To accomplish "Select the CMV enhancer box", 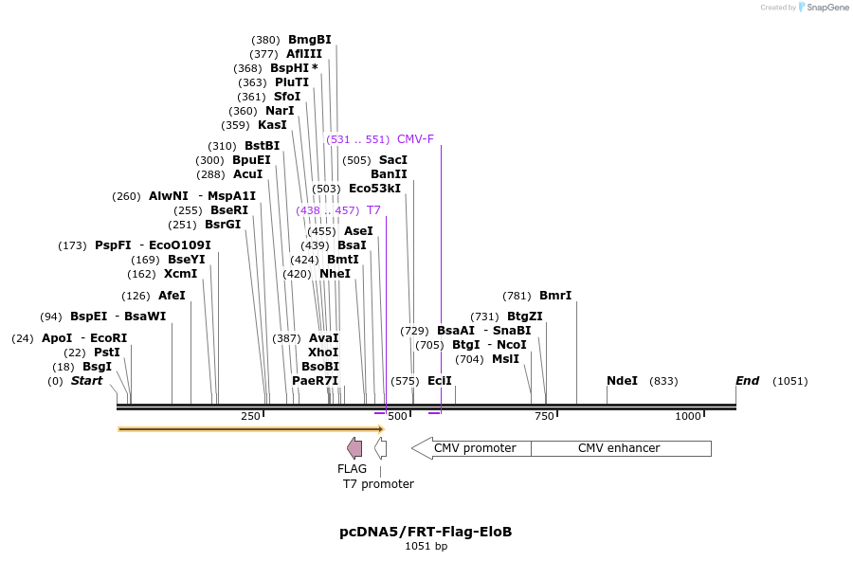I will pyautogui.click(x=620, y=448).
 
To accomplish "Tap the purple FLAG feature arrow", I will pyautogui.click(x=354, y=448).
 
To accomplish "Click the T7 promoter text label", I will pyautogui.click(x=378, y=484).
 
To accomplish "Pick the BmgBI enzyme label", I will pyautogui.click(x=310, y=40).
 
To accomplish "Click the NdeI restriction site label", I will pyautogui.click(x=622, y=381).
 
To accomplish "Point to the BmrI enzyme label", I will pyautogui.click(x=555, y=296).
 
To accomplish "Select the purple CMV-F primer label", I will pyautogui.click(x=415, y=139).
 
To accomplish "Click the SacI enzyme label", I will pyautogui.click(x=393, y=160).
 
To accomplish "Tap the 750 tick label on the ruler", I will pyautogui.click(x=544, y=417).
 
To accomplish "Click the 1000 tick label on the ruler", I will pyautogui.click(x=688, y=417).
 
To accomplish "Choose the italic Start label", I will pyautogui.click(x=86, y=381).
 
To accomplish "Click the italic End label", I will pyautogui.click(x=748, y=381).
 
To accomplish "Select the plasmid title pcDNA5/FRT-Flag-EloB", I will pyautogui.click(x=426, y=532).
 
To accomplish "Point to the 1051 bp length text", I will pyautogui.click(x=426, y=547).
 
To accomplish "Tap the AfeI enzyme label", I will pyautogui.click(x=172, y=296).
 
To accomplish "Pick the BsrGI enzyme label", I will pyautogui.click(x=223, y=225).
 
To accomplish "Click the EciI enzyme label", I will pyautogui.click(x=440, y=381).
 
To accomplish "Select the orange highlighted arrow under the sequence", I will pyautogui.click(x=250, y=429).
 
